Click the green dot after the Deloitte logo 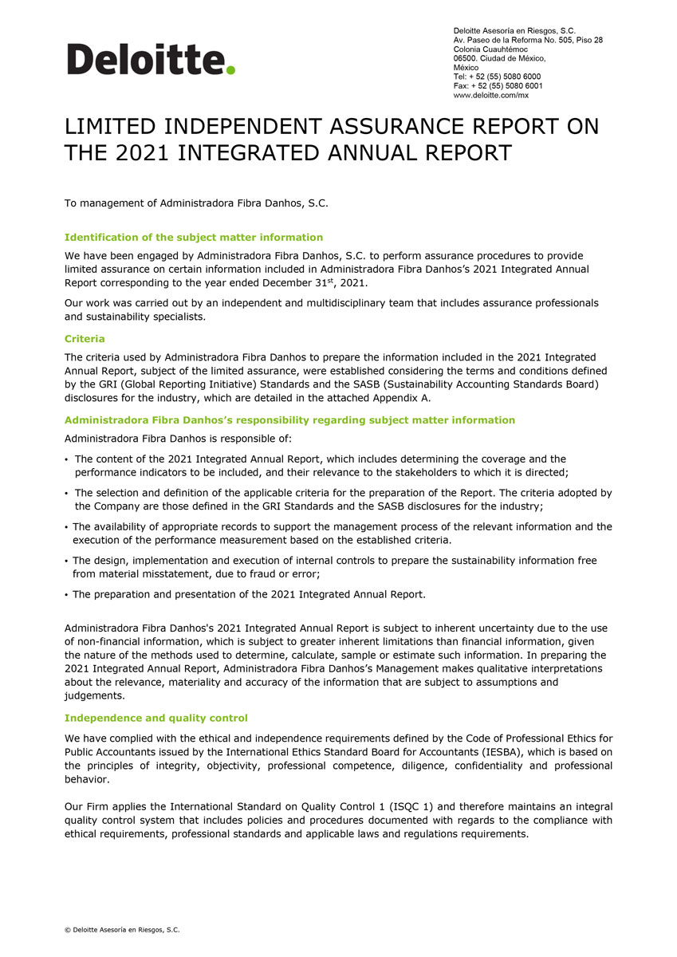(x=230, y=70)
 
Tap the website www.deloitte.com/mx (x=490, y=95)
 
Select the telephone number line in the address (x=498, y=77)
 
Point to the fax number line (x=498, y=85)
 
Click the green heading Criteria (x=85, y=339)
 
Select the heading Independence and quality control (x=156, y=719)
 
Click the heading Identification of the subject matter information (x=194, y=238)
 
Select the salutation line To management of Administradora (x=196, y=203)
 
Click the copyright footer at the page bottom (x=122, y=930)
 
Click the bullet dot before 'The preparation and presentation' (x=66, y=595)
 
